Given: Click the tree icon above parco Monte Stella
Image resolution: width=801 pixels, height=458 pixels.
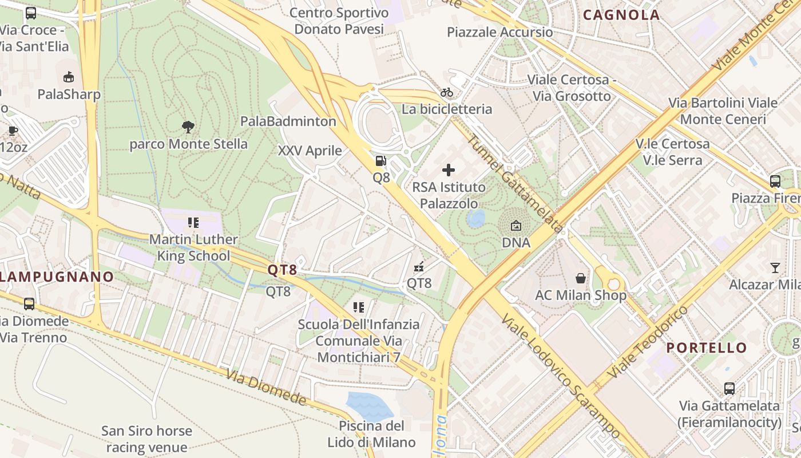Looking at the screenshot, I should pyautogui.click(x=188, y=127).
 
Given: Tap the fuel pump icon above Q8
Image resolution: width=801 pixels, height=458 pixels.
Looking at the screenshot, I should pyautogui.click(x=381, y=161).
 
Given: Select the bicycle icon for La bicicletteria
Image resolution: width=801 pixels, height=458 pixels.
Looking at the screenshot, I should pyautogui.click(x=447, y=92).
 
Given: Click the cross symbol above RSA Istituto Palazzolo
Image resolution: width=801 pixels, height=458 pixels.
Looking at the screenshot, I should pyautogui.click(x=449, y=170).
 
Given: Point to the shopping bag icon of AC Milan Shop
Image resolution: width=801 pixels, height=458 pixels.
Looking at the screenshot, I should pyautogui.click(x=581, y=278).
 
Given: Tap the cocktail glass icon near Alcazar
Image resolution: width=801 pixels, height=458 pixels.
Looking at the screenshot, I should pyautogui.click(x=775, y=267).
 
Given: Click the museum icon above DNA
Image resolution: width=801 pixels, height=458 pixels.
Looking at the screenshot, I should pyautogui.click(x=516, y=226).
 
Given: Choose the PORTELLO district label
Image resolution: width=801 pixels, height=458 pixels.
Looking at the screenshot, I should pyautogui.click(x=707, y=348).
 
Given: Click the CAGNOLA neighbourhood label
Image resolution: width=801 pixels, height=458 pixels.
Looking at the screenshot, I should pyautogui.click(x=621, y=15).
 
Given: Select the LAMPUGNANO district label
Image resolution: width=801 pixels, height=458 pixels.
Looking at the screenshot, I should pyautogui.click(x=56, y=277).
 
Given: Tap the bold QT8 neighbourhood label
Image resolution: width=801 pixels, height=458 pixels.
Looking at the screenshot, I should pyautogui.click(x=283, y=270).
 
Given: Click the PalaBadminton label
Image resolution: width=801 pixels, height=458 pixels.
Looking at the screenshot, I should pyautogui.click(x=288, y=121).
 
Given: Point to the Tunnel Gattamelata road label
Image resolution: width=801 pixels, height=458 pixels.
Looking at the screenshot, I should pyautogui.click(x=514, y=183).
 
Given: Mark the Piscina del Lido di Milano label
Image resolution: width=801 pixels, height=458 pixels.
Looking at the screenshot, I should pyautogui.click(x=371, y=434).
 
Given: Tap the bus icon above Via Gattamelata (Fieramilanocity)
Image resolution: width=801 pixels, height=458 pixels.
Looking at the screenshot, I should pyautogui.click(x=729, y=389).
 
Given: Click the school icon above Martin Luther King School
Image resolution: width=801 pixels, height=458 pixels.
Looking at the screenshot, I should pyautogui.click(x=193, y=222).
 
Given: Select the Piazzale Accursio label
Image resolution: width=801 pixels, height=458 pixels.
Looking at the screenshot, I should pyautogui.click(x=500, y=32).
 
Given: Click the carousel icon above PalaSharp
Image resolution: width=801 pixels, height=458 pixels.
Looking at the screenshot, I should pyautogui.click(x=69, y=77).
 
